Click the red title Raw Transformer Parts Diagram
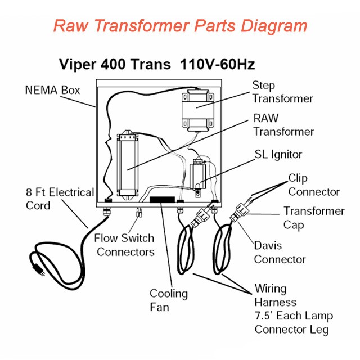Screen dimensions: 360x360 180,26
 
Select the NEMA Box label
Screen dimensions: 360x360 52,90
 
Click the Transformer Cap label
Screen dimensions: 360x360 313,218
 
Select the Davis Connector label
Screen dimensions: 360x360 280,253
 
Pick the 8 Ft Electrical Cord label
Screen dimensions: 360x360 60,199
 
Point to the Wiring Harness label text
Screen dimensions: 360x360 292,309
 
